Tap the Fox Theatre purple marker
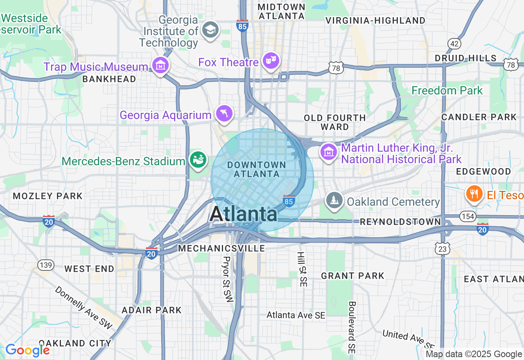[271, 61]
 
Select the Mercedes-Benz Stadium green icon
[198, 159]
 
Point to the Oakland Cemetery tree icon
[334, 200]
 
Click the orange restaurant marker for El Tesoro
[474, 193]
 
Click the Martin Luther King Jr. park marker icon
[328, 152]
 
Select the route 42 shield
[454, 44]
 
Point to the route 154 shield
[467, 216]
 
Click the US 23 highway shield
[443, 248]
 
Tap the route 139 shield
[46, 265]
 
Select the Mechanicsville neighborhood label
[221, 248]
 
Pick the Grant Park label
[352, 276]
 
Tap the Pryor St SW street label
[228, 279]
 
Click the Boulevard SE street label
[352, 327]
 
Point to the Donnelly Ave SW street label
[84, 307]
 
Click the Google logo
[27, 350]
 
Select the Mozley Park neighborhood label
[48, 196]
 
